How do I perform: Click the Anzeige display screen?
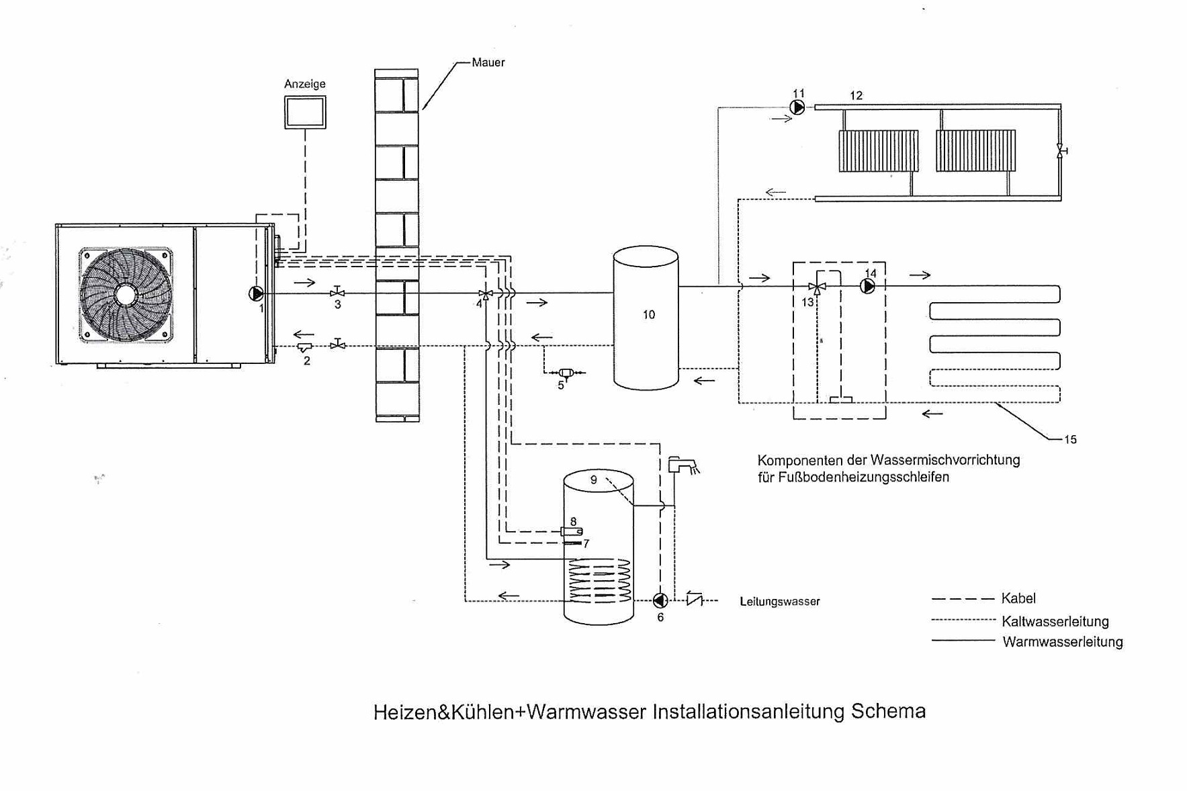point(305,111)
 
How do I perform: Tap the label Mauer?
point(488,62)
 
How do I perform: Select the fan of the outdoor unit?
point(126,294)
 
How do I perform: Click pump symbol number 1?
point(256,293)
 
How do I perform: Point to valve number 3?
point(338,292)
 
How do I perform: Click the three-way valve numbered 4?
point(485,294)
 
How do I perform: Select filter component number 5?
point(566,373)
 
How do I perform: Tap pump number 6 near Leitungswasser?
point(660,600)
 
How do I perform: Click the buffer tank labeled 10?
point(646,318)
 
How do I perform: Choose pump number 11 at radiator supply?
point(797,107)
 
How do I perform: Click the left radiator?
point(878,151)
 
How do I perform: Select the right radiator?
point(975,151)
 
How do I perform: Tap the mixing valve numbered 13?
point(816,287)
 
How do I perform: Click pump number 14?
point(868,287)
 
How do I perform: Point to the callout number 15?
point(1070,440)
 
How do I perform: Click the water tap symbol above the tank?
point(682,465)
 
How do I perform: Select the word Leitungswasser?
point(779,602)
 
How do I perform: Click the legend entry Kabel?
point(1018,598)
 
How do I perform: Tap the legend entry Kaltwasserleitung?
point(1055,621)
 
